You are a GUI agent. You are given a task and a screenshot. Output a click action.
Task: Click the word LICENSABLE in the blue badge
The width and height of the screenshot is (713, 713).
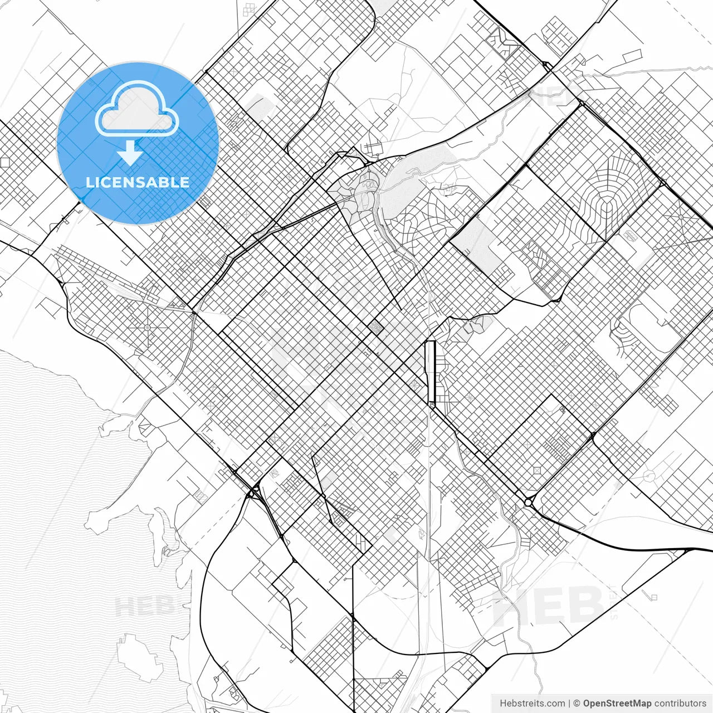tap(138, 182)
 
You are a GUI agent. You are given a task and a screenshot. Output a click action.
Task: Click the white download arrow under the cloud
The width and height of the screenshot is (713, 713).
tap(130, 153)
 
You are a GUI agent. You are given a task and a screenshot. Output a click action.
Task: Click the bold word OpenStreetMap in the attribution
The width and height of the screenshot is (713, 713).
tap(617, 703)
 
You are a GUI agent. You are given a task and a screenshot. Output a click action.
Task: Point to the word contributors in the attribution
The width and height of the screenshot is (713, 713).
tap(680, 703)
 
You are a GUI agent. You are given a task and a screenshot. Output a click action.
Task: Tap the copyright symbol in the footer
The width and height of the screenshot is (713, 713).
tap(577, 703)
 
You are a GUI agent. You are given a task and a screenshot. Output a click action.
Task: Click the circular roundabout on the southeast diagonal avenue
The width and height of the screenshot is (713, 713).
tap(528, 502)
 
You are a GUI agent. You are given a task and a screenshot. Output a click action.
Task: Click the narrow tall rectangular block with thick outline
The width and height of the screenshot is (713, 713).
tap(429, 372)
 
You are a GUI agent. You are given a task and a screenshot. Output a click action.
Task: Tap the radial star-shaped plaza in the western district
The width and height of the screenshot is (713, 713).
tap(148, 327)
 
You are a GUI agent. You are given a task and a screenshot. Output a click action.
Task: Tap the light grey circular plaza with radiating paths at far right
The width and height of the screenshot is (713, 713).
tap(649, 475)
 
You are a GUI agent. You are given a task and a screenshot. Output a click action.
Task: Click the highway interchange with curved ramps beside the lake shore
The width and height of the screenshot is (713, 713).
tap(253, 493)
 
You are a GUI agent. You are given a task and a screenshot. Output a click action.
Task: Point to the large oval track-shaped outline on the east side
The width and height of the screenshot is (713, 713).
tap(646, 323)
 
